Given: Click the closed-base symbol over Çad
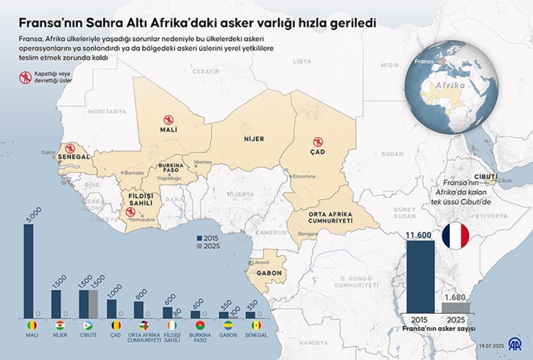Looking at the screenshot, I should click(x=318, y=142).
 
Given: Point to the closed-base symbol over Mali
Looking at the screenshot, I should click(x=168, y=120).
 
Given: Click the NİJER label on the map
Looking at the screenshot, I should click(x=254, y=139).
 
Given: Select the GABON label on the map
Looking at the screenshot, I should click(x=269, y=273).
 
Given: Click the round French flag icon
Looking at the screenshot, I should click(x=456, y=236).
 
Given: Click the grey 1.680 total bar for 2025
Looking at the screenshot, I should click(x=456, y=308).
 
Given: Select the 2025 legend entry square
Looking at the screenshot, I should click(x=199, y=246).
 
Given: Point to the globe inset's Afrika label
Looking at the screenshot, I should click(x=450, y=85).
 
